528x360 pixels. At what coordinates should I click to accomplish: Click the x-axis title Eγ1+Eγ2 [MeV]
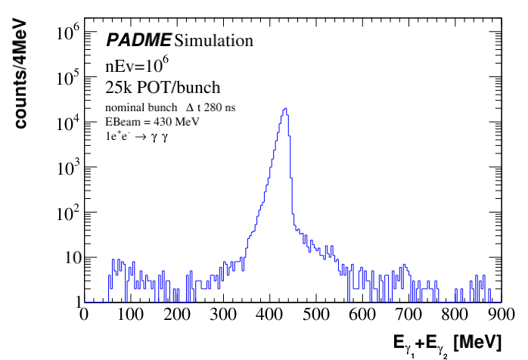[x=446, y=343]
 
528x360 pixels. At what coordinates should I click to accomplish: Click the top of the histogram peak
[x=285, y=108]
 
